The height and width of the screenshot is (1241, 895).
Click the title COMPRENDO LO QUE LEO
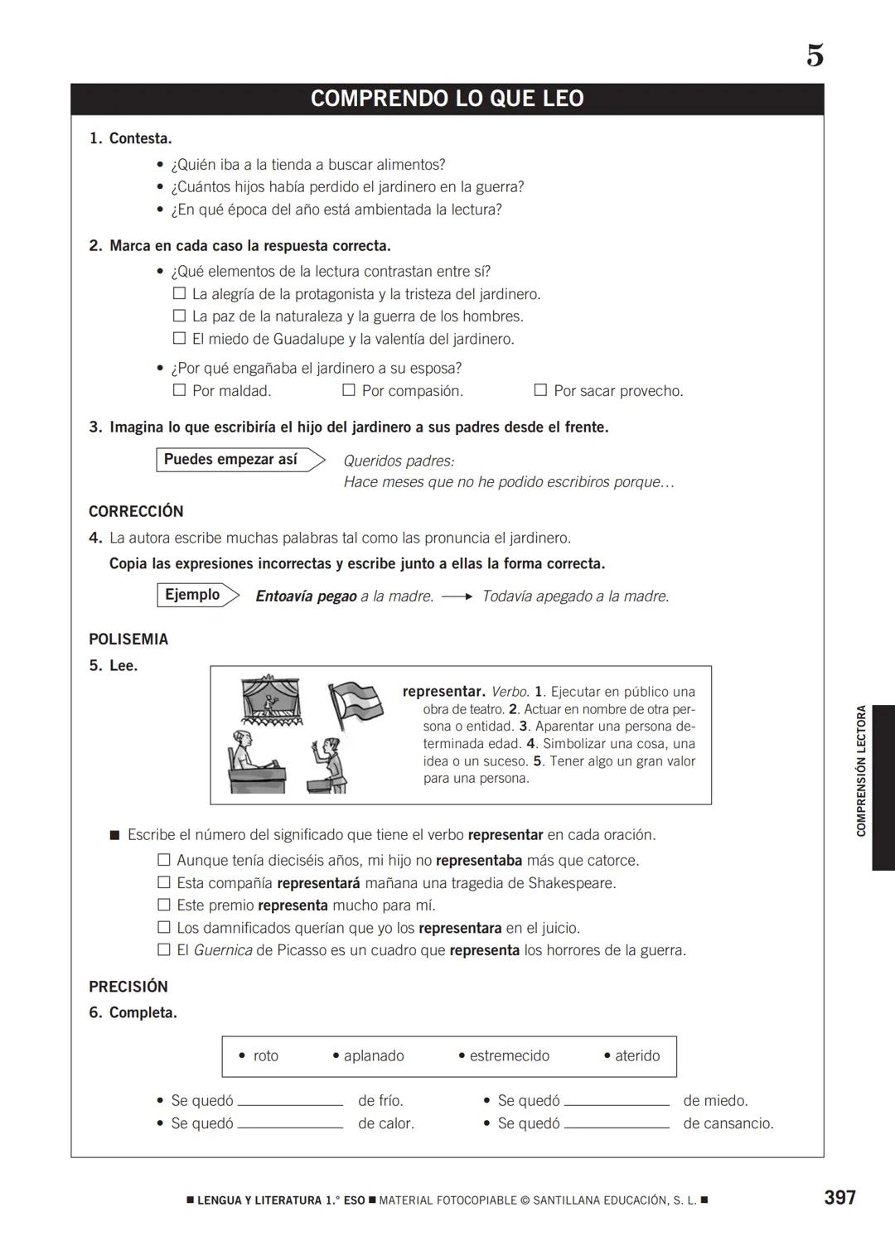(447, 99)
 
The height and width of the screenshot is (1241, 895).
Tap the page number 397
(839, 1197)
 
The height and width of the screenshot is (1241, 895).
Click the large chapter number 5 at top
(815, 56)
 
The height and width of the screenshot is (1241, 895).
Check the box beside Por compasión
(349, 389)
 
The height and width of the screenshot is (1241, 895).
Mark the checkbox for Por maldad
(179, 389)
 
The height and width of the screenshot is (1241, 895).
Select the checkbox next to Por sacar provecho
(540, 389)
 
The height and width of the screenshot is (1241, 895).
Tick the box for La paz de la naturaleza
(179, 316)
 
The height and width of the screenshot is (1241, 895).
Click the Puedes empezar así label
(230, 460)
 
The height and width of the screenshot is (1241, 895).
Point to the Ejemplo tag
(192, 595)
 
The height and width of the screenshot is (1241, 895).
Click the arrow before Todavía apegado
(457, 596)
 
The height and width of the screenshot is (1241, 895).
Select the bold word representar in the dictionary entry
(443, 691)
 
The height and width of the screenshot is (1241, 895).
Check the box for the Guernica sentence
(164, 949)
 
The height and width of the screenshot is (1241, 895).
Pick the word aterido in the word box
(636, 1055)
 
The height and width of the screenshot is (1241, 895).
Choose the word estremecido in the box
(509, 1055)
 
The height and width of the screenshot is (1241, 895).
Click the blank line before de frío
(290, 1103)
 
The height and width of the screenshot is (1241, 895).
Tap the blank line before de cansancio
(616, 1126)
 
